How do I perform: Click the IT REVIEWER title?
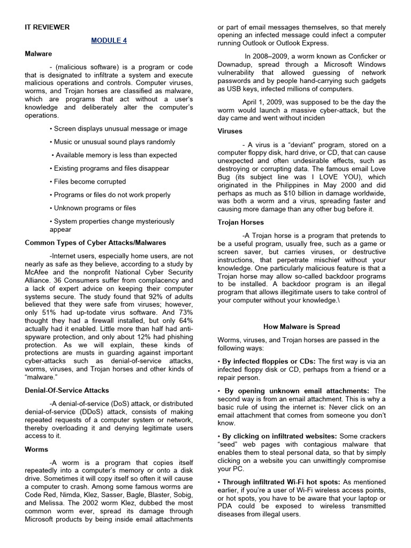(47, 27)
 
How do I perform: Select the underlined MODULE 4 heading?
(109, 41)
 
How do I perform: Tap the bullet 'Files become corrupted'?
(90, 182)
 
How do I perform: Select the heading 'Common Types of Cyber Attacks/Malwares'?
(95, 243)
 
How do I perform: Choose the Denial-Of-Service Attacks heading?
(67, 391)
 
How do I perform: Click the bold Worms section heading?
(36, 450)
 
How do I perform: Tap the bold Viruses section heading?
(230, 131)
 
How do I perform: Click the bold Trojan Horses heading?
(240, 222)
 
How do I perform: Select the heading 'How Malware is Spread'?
(301, 326)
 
